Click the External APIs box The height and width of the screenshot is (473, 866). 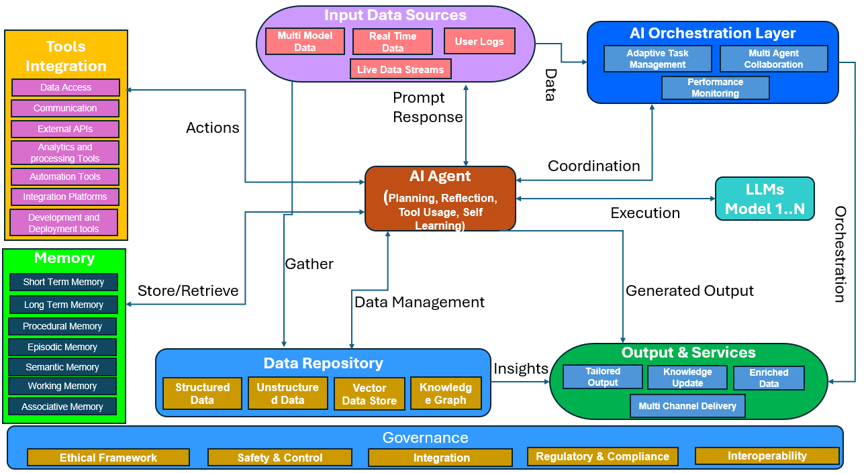pos(65,129)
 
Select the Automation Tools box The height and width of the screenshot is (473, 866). pos(65,176)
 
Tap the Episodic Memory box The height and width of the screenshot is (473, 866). pos(62,347)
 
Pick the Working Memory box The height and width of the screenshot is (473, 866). pos(62,386)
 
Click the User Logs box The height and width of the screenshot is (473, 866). pos(479,41)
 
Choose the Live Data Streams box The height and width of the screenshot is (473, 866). pos(400,69)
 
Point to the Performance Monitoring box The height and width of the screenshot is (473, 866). pos(715,88)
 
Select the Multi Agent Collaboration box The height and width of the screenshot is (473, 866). pos(773,59)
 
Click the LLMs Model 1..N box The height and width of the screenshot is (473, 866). pos(765,199)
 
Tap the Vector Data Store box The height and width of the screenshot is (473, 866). pos(369,394)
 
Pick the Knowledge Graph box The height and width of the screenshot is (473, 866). pos(446,393)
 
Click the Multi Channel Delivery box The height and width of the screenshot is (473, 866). pos(687,406)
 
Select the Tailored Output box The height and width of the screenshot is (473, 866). pos(603,377)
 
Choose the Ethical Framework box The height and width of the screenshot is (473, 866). pos(108,458)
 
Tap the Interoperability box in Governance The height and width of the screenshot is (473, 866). pos(767,456)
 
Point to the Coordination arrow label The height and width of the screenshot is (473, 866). pos(594,166)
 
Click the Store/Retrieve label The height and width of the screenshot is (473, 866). pos(188,291)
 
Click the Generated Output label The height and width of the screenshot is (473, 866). pos(689,291)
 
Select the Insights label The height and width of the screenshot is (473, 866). pos(521,368)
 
